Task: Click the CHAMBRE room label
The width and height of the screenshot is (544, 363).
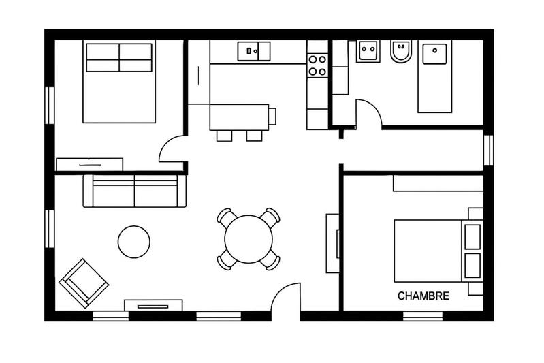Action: tap(423, 296)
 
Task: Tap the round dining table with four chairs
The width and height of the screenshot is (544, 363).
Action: tap(248, 240)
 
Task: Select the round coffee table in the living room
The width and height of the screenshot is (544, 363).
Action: tap(133, 242)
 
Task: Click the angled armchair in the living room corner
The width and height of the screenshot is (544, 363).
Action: tap(84, 283)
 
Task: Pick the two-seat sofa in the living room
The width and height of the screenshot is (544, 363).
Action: tap(134, 191)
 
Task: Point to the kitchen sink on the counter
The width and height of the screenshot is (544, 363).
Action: tap(253, 51)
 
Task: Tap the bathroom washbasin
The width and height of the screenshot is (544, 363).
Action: tap(368, 51)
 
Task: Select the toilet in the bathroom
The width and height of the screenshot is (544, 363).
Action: tap(401, 51)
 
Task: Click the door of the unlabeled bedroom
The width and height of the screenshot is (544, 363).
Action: tap(172, 150)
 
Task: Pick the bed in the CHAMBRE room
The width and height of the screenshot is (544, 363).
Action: tap(436, 250)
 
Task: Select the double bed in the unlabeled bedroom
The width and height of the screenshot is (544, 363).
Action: tap(118, 82)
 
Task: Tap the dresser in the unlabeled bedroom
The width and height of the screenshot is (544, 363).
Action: tap(89, 164)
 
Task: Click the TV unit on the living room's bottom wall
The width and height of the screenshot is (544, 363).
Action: tap(153, 304)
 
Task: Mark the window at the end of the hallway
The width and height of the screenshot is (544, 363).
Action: tap(487, 150)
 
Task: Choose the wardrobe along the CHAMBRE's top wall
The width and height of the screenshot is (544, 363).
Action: tap(437, 183)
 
